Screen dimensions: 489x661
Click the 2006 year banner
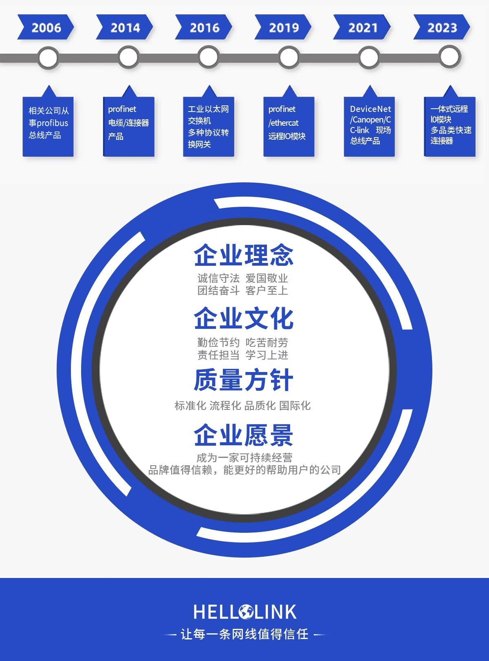click(x=46, y=27)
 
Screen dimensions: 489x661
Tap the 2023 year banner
click(x=442, y=27)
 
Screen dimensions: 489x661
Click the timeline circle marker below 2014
click(x=128, y=57)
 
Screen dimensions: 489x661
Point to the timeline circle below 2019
click(x=289, y=57)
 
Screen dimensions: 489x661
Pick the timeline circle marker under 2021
click(x=369, y=57)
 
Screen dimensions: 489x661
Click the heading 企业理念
click(x=244, y=255)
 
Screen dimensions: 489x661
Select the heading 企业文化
click(x=244, y=318)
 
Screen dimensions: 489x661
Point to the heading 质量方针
click(x=244, y=380)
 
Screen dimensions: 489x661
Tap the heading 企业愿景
click(x=244, y=435)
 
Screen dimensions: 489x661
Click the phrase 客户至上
click(x=267, y=291)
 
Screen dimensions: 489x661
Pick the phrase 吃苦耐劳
click(x=267, y=343)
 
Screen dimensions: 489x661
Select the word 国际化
click(x=295, y=405)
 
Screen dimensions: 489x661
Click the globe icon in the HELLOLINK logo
click(x=246, y=612)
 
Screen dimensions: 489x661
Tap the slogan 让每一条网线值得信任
click(x=244, y=634)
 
